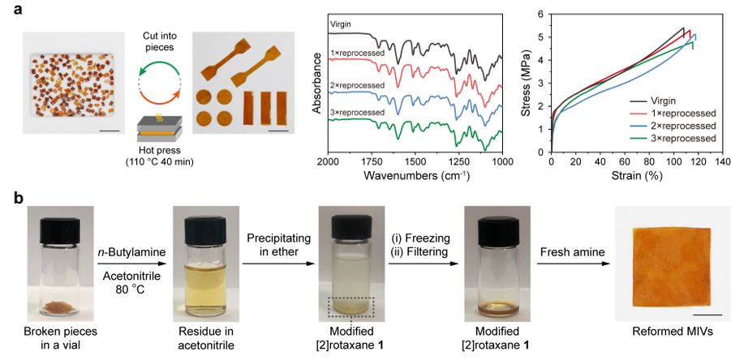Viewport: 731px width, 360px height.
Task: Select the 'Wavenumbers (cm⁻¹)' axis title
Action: (x=415, y=176)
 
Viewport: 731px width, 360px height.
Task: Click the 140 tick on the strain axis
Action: (x=720, y=162)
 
